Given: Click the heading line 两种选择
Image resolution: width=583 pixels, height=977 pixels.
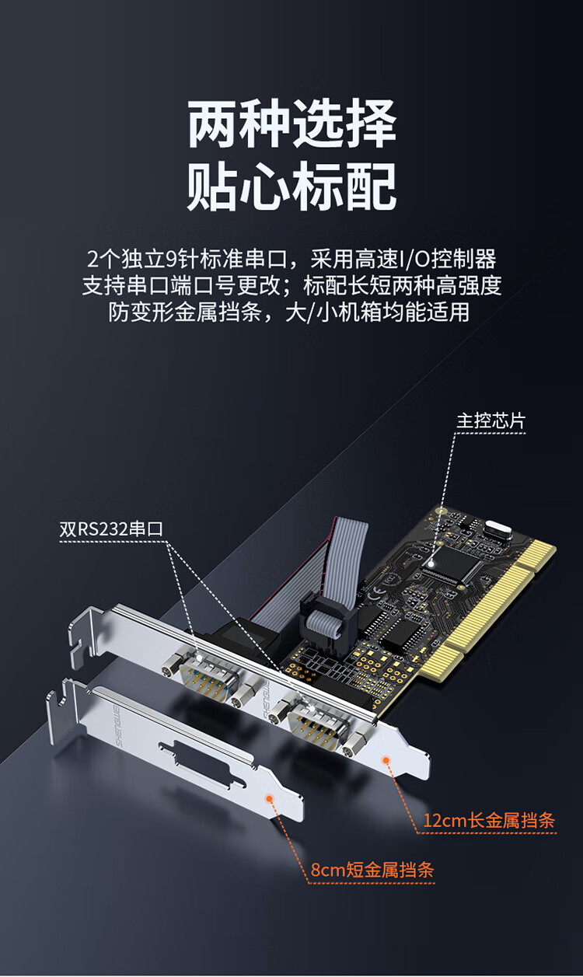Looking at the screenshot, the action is click(291, 124).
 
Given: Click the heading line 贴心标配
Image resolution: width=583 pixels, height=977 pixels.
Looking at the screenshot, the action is click(291, 186).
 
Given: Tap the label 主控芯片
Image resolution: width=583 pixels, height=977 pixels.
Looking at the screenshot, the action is click(490, 421).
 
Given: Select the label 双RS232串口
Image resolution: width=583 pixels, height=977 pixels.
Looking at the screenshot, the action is click(111, 529).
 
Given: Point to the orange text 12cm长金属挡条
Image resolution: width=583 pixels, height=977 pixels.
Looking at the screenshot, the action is click(489, 821).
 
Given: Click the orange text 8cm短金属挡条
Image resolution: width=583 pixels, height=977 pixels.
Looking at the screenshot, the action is click(372, 870).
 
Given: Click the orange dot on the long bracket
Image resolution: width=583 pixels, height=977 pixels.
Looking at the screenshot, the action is click(386, 760).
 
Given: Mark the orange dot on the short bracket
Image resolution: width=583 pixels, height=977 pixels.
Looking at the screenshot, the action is click(270, 798).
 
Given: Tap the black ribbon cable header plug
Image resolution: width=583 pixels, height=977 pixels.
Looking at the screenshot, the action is click(328, 622).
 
